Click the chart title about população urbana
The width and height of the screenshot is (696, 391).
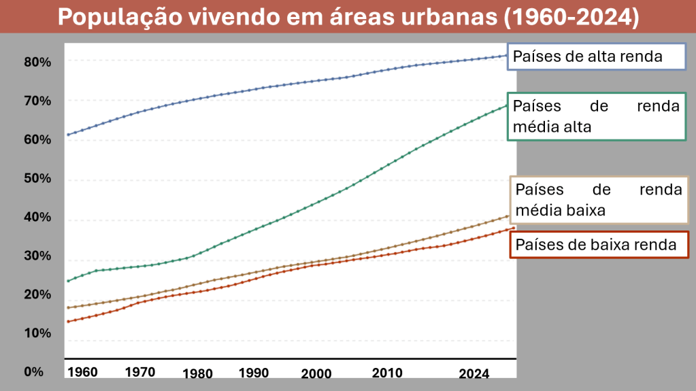348,17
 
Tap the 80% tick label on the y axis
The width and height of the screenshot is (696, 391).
37,62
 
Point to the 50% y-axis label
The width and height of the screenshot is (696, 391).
37,179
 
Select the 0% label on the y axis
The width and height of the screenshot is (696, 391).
34,372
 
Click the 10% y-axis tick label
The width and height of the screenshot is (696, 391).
37,333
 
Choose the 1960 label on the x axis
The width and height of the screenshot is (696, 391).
82,372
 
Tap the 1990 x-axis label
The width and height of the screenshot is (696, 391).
253,373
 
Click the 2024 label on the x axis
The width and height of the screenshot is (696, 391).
474,373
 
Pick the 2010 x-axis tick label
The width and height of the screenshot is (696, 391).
387,373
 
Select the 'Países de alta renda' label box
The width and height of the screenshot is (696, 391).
597,56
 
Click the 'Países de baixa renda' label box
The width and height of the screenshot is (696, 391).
599,245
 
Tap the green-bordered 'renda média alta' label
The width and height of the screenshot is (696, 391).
596,116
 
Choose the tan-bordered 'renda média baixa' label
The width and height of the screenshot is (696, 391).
599,200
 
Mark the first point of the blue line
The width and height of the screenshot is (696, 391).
68,135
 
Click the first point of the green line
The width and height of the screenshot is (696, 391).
68,281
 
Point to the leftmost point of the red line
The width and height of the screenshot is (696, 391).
68,321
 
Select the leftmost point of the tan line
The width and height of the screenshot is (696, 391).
68,307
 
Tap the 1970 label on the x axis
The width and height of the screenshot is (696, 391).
140,372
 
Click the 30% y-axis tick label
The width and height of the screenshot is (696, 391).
37,256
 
